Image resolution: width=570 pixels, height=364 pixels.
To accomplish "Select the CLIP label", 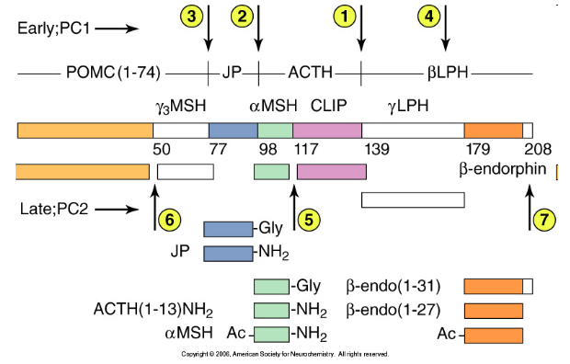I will pos(328,105).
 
